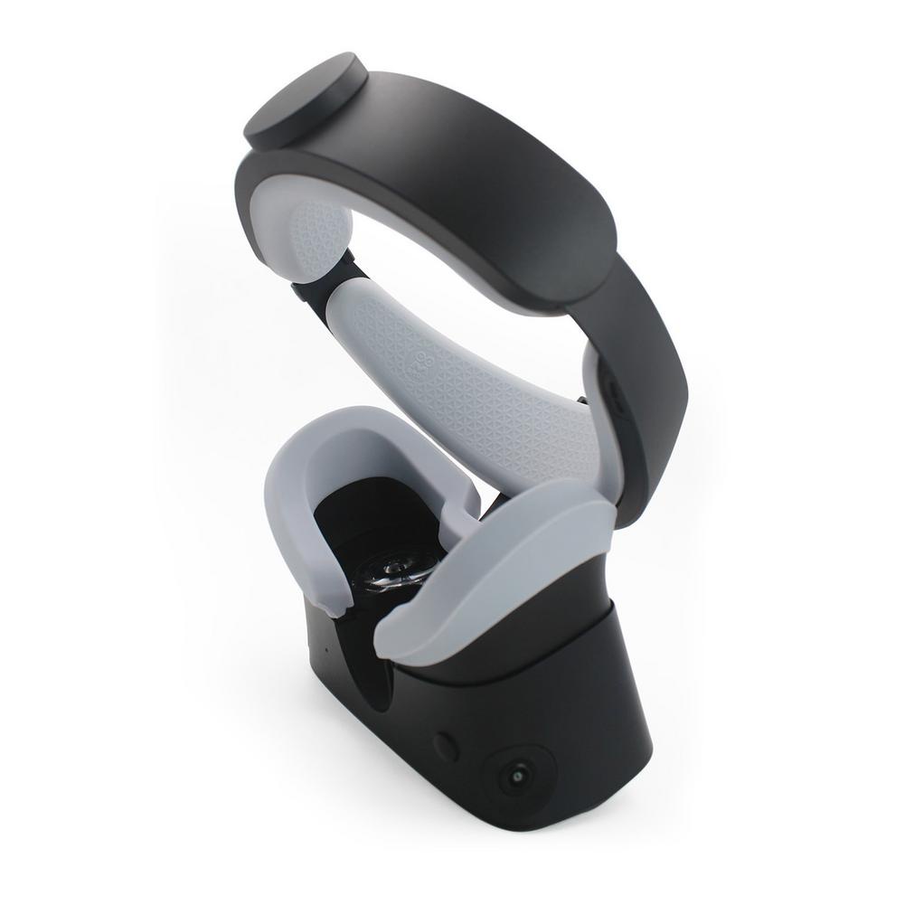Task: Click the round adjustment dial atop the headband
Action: click(x=304, y=101)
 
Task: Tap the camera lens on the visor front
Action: click(x=517, y=775)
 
